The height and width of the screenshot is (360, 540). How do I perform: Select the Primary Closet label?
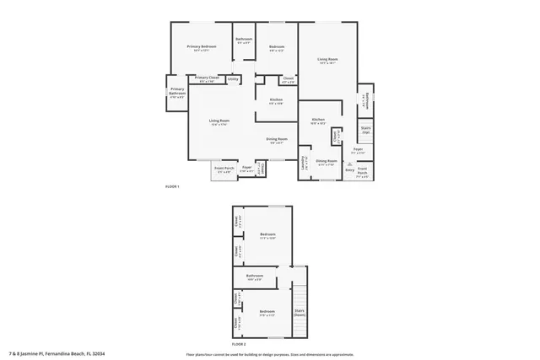click(207, 78)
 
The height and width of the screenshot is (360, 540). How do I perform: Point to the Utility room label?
click(233, 78)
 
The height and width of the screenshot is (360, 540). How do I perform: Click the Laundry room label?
click(305, 164)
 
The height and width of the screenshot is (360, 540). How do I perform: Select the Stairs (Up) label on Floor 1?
click(366, 132)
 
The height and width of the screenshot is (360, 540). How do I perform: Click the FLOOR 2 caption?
click(239, 343)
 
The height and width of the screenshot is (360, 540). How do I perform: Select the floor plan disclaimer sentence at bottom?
click(270, 353)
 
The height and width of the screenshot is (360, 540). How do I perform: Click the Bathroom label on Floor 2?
click(255, 276)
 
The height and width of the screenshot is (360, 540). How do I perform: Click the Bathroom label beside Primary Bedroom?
click(244, 40)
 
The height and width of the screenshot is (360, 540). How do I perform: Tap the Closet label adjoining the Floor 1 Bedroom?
click(288, 80)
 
